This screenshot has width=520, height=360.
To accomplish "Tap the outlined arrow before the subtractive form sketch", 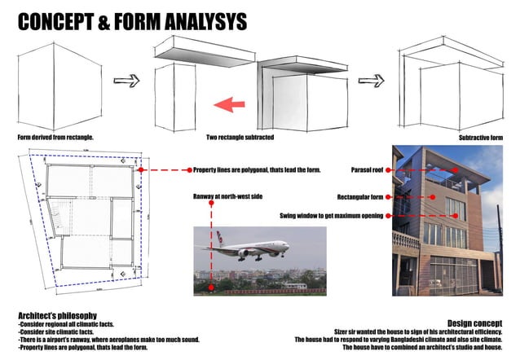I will (371, 81).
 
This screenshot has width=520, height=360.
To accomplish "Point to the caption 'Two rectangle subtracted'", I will (239, 138).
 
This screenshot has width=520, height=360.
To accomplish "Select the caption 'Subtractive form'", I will (482, 138).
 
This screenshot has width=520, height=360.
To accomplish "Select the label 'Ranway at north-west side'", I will (227, 197).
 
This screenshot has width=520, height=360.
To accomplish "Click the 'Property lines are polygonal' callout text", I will (256, 170).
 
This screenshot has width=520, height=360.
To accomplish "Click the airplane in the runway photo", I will (253, 248).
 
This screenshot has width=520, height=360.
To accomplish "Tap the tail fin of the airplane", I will (218, 237).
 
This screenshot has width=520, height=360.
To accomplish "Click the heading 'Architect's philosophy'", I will (58, 314).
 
